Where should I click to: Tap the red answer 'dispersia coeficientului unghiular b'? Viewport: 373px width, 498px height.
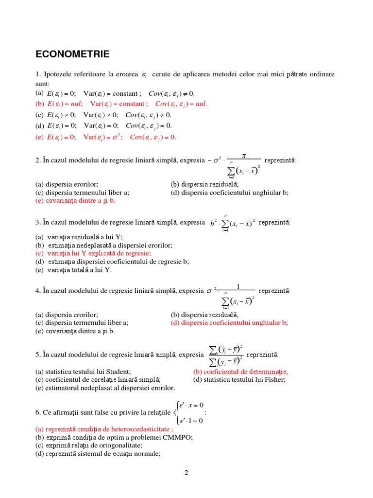229,322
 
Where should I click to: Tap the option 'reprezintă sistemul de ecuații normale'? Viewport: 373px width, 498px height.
98,454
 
